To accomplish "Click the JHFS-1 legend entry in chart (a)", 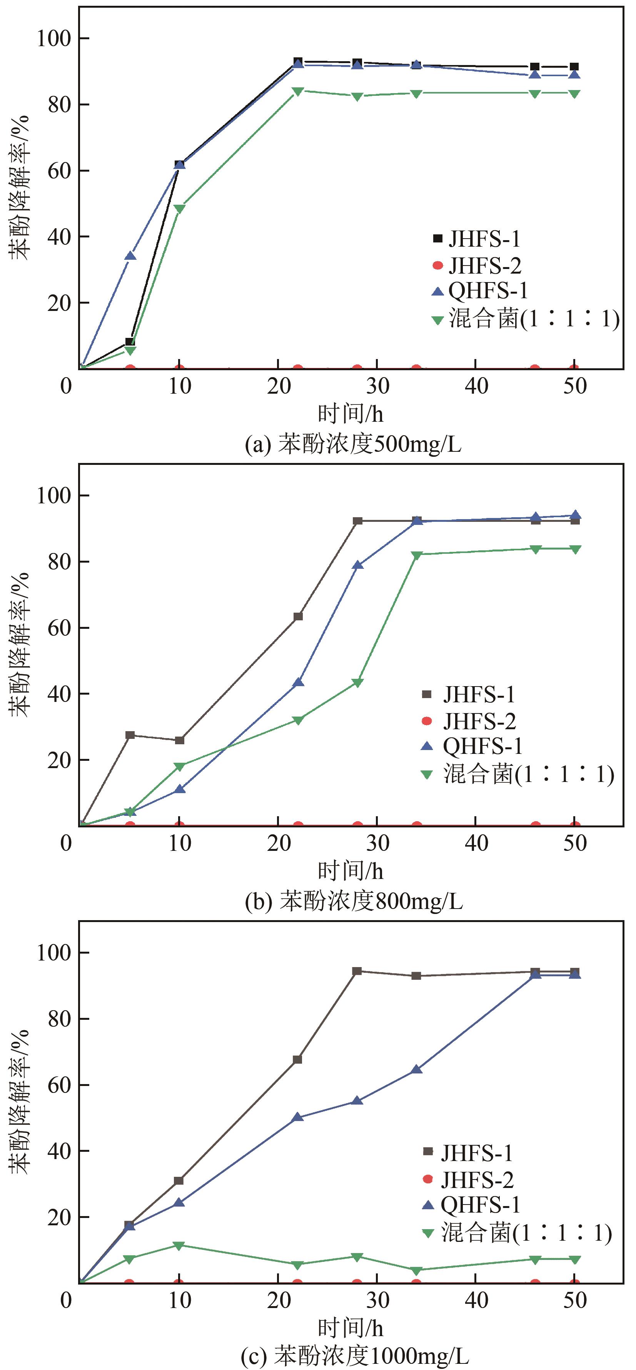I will coord(476,239).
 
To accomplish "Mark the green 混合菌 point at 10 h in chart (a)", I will coord(180,209).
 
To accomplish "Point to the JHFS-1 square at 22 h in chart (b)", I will coord(298,616).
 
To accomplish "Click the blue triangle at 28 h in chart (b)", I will coord(358,565).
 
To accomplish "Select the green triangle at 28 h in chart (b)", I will coord(358,683).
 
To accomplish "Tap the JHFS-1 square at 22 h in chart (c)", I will coord(298,1059).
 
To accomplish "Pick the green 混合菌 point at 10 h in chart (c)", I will coord(179,1246).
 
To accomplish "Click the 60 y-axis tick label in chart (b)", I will coord(59,628).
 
